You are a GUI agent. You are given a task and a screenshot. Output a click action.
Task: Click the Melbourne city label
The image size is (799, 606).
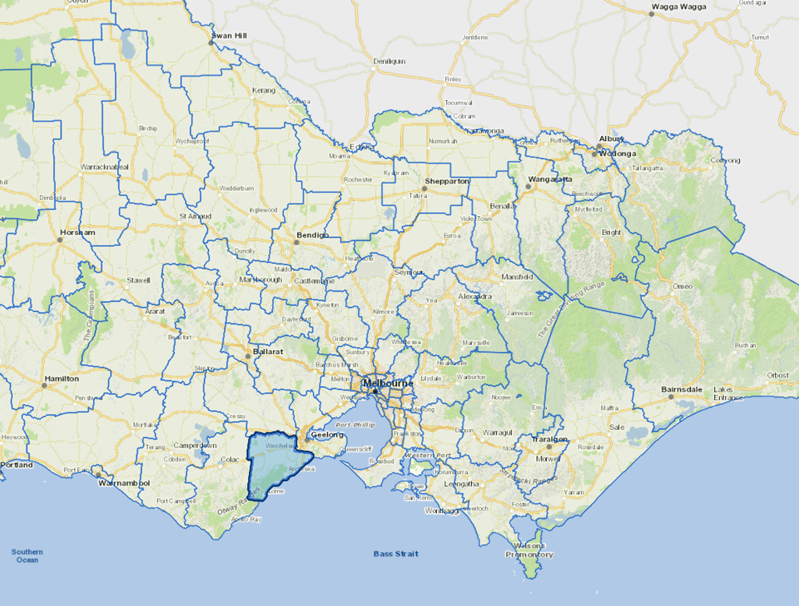click(x=388, y=383)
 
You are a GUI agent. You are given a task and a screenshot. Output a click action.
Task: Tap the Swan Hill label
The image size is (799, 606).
click(x=229, y=36)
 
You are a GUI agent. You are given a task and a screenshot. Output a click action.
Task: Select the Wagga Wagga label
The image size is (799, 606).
click(x=679, y=7)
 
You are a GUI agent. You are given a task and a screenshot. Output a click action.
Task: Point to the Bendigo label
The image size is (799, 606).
click(x=312, y=235)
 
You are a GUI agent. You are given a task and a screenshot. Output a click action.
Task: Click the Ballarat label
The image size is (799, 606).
click(x=268, y=352)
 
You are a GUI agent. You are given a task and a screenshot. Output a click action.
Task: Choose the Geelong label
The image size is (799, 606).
click(x=327, y=435)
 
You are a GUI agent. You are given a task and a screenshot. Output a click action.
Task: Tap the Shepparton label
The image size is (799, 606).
click(x=447, y=181)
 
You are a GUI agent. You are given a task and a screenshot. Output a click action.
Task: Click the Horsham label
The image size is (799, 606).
click(x=78, y=233)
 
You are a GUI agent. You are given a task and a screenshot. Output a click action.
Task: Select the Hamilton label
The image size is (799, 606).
click(x=62, y=378)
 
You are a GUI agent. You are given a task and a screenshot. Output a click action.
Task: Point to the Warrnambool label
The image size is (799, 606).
click(x=124, y=483)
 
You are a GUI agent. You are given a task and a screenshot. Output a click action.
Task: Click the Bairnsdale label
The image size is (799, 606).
click(x=681, y=390)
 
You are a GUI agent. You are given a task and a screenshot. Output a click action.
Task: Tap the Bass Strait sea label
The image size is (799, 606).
click(x=396, y=554)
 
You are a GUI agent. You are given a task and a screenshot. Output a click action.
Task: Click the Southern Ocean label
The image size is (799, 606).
click(x=27, y=555)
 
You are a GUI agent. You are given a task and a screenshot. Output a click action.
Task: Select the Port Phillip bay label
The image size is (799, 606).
click(x=355, y=425)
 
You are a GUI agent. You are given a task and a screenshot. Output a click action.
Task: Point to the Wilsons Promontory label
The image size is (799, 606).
click(x=529, y=550)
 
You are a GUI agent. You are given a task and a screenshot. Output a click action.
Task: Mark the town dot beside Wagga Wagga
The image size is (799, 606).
click(x=651, y=14)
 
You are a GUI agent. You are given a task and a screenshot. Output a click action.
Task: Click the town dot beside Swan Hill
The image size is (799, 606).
click(x=211, y=43)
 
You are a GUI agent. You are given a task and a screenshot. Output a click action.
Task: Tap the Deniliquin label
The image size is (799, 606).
click(x=389, y=61)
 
